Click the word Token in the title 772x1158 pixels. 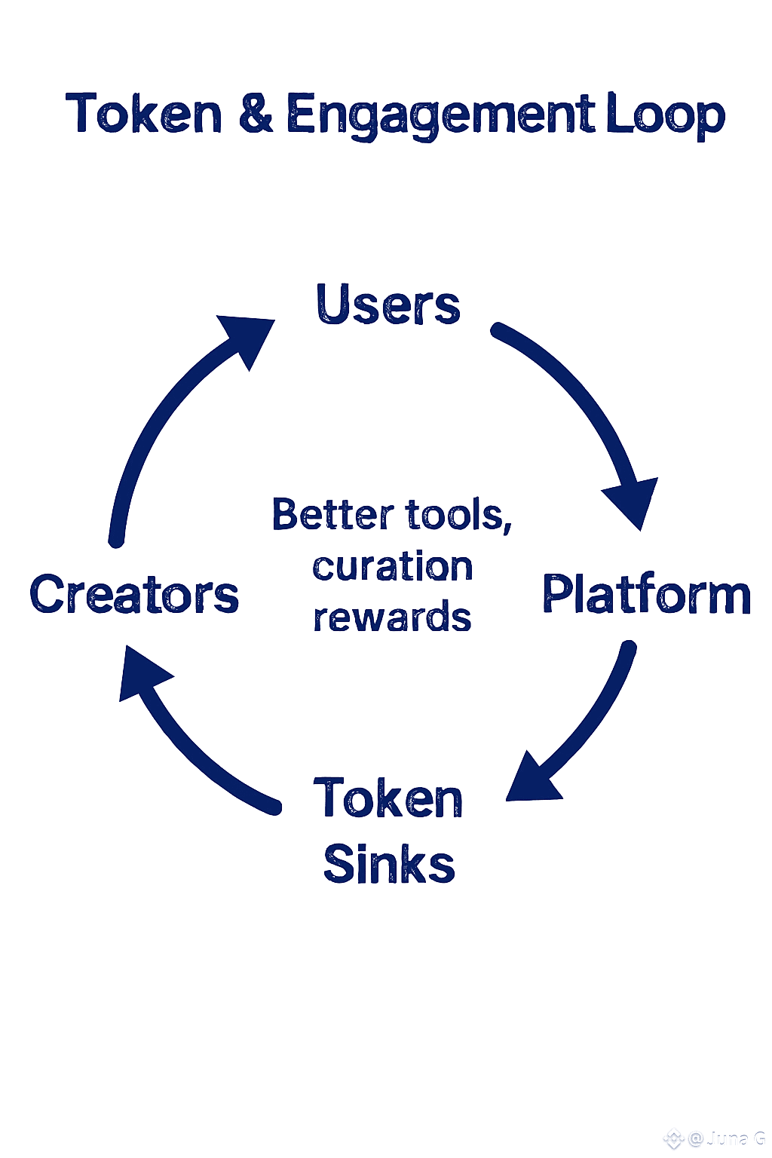click(143, 115)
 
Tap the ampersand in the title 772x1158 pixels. click(256, 115)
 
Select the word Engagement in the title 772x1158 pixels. click(440, 116)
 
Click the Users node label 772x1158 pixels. click(388, 305)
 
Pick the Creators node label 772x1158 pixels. click(134, 594)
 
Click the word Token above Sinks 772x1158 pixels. click(388, 799)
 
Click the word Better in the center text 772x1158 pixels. click(332, 515)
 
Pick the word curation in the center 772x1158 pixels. click(392, 567)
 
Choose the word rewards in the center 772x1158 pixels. click(392, 617)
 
